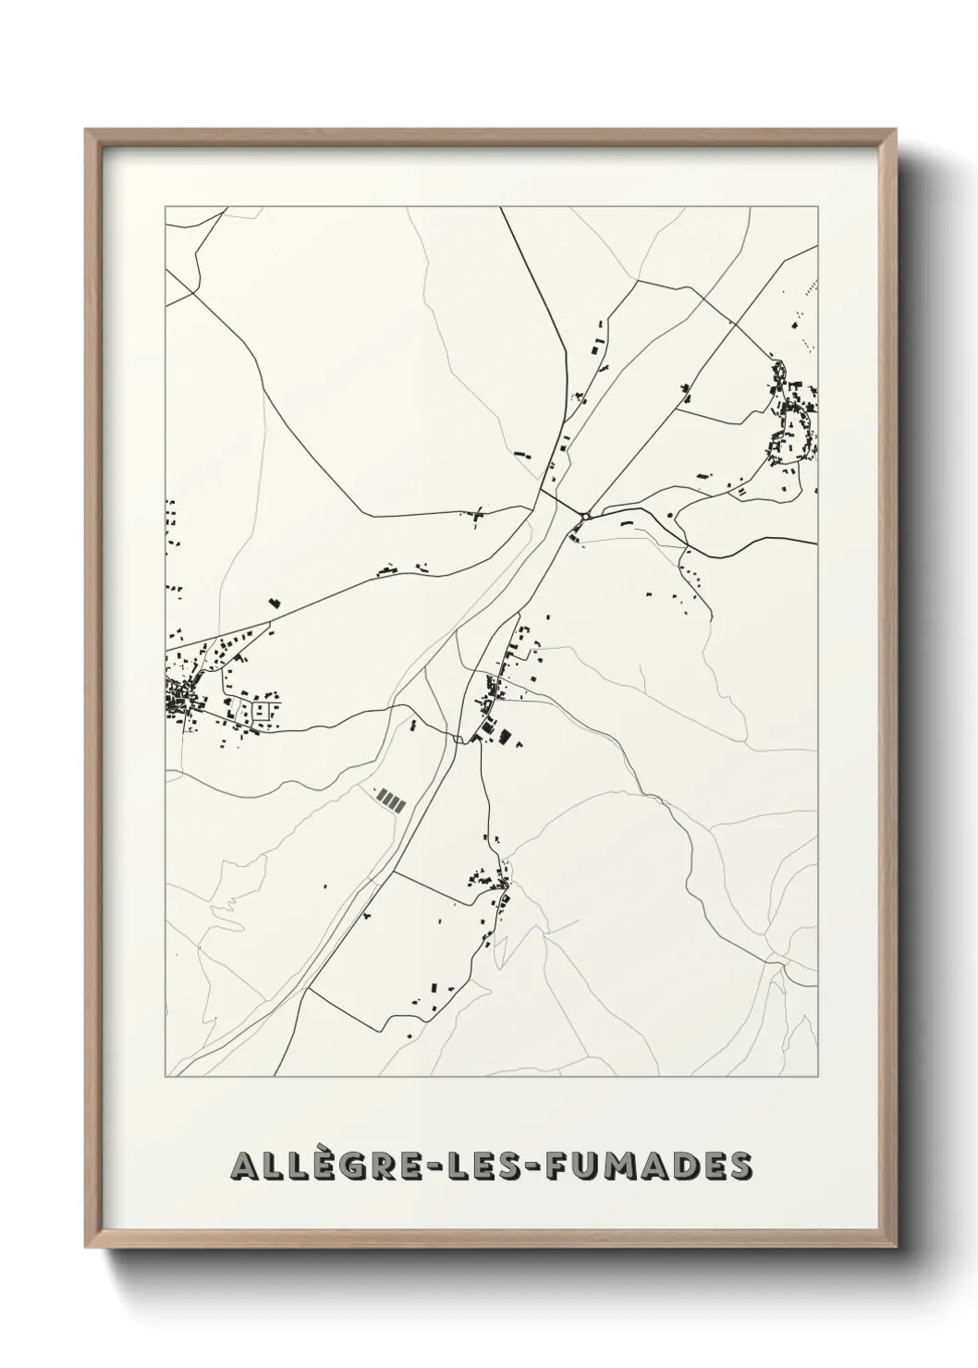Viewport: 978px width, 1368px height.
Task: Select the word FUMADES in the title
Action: [648, 1166]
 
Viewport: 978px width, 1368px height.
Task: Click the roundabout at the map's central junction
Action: [586, 516]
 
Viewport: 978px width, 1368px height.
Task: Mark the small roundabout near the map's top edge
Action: [584, 272]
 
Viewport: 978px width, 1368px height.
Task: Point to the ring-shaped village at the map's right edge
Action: [792, 423]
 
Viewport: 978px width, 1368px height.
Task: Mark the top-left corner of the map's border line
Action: [165, 207]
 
